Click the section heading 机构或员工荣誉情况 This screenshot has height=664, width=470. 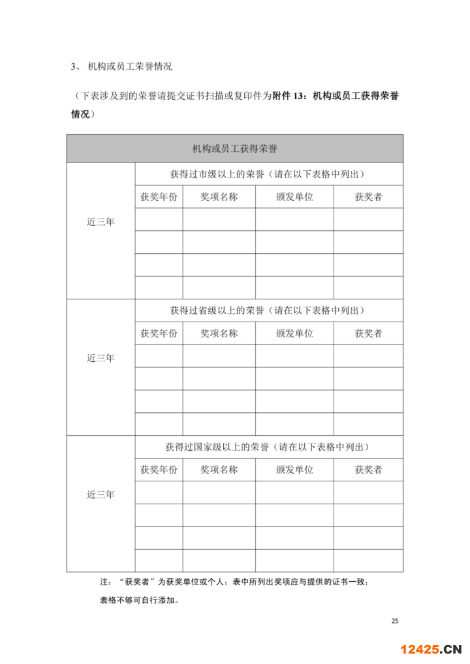[x=129, y=67]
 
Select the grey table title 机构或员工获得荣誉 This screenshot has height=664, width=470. [x=234, y=149]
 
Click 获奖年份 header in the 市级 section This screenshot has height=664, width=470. [x=159, y=197]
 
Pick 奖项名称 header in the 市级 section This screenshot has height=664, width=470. [x=219, y=197]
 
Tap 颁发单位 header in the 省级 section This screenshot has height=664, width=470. [x=294, y=333]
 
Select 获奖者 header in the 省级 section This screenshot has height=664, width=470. [x=368, y=333]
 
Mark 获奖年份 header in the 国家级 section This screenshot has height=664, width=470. [x=159, y=470]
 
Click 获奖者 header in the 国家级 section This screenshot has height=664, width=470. [x=368, y=470]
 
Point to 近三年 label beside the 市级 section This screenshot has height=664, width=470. [x=101, y=222]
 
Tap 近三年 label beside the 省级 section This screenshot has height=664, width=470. [x=101, y=358]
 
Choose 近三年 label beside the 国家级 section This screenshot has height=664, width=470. [x=101, y=494]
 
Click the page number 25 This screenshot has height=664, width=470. [x=394, y=620]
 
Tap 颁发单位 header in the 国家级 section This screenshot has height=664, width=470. [x=294, y=470]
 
